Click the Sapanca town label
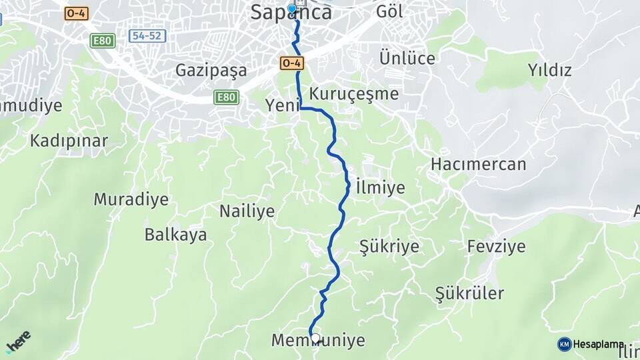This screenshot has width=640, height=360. point(291,13)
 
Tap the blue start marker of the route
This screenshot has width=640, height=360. point(291,9)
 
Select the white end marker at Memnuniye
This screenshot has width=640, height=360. point(315,338)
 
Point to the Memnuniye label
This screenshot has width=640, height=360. point(318,341)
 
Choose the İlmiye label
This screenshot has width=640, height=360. point(380,187)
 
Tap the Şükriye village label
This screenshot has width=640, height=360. point(389,247)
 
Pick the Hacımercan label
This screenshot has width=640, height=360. point(478,164)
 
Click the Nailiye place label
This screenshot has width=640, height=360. point(247,211)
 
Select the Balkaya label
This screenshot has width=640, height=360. point(175,235)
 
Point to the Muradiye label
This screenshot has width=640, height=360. point(131,199)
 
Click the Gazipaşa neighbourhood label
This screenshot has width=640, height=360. point(211,70)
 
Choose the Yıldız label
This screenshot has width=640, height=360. point(549,70)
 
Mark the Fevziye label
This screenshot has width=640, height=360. point(496,247)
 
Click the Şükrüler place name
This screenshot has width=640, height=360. point(469,293)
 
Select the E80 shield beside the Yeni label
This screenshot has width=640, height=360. point(226,98)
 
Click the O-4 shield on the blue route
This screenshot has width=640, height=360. point(292,63)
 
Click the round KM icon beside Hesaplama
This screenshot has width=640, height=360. point(564,344)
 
